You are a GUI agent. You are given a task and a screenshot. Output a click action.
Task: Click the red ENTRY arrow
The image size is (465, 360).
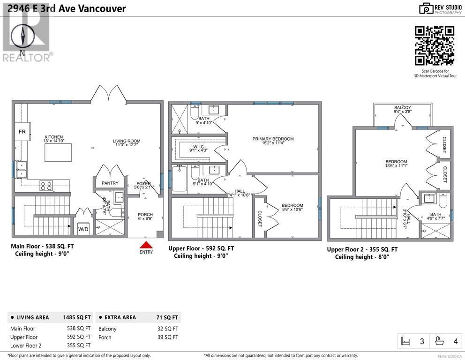(146, 245)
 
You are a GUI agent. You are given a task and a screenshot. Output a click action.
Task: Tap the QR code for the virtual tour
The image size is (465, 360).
(435, 45)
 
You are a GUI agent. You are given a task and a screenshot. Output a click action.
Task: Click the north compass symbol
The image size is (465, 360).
(23, 37)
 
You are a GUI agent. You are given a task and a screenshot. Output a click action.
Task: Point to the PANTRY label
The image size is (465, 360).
(110, 183)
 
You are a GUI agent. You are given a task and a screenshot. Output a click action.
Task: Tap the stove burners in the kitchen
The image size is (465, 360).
(46, 186)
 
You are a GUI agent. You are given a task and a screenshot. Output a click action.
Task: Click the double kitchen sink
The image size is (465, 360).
(21, 169)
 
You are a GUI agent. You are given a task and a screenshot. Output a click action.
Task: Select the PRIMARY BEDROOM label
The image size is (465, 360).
(273, 139)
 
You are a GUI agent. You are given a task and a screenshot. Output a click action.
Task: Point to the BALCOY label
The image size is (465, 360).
(403, 108)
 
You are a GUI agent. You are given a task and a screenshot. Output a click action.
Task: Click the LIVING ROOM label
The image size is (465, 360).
(126, 141)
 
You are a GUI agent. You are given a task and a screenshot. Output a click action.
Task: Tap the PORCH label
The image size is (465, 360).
(145, 215)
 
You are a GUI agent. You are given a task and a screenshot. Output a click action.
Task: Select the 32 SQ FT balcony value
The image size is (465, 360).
(168, 329)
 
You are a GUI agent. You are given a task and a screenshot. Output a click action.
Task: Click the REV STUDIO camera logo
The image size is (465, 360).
(426, 8)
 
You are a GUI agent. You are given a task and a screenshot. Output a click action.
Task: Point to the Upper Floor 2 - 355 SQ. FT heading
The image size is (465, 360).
(362, 249)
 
